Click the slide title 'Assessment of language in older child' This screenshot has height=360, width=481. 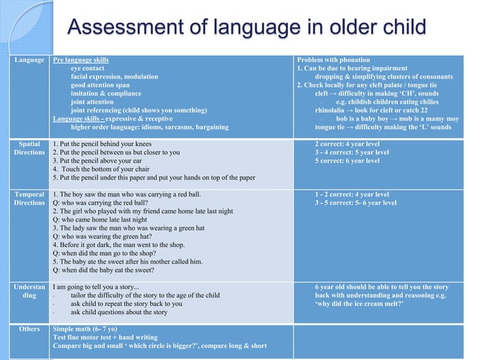(x=247, y=29)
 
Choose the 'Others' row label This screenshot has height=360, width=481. (x=29, y=329)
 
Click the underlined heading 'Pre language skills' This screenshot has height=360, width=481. (x=81, y=59)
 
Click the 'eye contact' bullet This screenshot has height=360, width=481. (x=89, y=68)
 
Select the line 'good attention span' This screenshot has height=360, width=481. (x=100, y=85)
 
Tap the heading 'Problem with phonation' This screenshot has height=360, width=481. (x=333, y=59)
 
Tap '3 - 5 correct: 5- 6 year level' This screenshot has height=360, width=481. (x=356, y=203)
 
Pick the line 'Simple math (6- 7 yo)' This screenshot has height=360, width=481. (x=84, y=329)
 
